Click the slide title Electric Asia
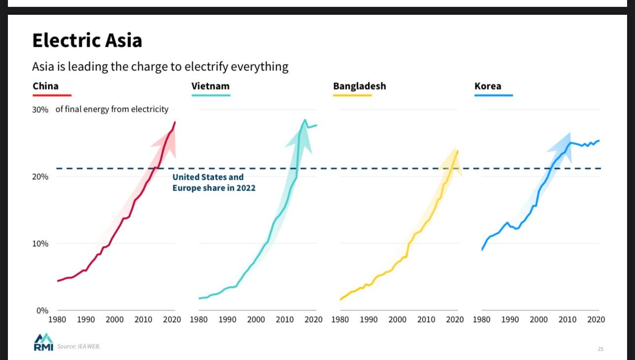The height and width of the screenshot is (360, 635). (87, 40)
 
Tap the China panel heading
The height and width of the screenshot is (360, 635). (46, 86)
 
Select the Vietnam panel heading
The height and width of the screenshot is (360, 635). (210, 86)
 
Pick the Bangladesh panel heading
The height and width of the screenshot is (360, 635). (359, 86)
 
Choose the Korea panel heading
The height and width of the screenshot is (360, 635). (488, 86)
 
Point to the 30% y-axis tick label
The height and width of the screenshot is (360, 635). (40, 110)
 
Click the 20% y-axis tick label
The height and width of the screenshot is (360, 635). (40, 177)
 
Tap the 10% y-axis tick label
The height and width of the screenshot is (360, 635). (40, 244)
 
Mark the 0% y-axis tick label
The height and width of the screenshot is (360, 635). (42, 311)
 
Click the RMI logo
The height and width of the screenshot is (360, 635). (43, 342)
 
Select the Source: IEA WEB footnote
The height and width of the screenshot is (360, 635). (79, 347)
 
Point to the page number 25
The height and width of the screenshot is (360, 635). (601, 349)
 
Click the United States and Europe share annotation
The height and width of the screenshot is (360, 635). (214, 182)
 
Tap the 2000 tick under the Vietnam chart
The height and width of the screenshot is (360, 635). (256, 320)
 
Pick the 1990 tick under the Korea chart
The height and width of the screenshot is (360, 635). (510, 320)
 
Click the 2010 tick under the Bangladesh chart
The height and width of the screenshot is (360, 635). (426, 320)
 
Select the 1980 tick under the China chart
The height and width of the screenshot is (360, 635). (57, 320)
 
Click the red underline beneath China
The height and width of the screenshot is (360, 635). (52, 95)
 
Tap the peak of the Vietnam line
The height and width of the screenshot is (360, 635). (305, 120)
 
